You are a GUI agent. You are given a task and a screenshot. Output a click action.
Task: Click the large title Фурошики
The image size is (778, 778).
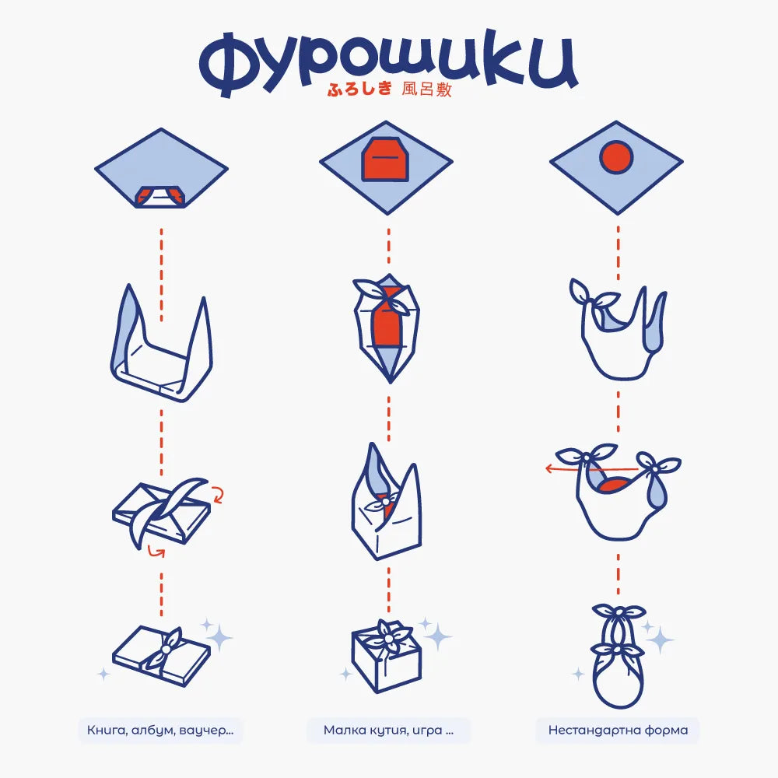coord(387,61)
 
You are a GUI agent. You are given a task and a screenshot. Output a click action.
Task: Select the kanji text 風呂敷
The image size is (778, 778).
coord(426,90)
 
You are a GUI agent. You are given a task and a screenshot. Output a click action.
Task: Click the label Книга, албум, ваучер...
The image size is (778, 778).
coord(160,730)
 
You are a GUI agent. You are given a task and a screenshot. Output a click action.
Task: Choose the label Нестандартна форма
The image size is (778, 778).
coord(617,730)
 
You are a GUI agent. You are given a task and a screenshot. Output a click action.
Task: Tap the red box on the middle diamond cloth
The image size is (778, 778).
coord(386,159)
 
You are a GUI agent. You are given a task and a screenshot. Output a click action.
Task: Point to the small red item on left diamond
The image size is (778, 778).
coord(160,196)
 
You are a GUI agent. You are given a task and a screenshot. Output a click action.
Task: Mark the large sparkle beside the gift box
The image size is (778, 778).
coord(439,636)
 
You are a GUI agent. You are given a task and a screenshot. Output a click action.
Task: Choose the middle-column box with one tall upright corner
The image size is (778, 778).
coord(386,502)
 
